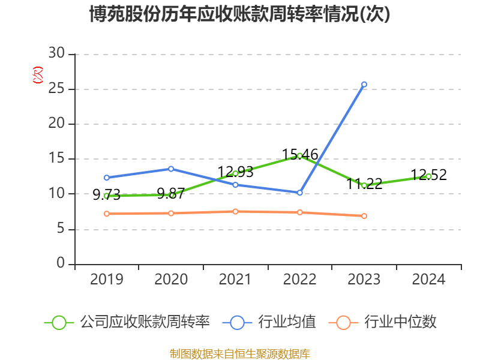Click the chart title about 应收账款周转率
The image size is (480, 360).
click(239, 14)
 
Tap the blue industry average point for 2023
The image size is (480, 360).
click(364, 85)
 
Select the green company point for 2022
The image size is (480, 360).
click(299, 155)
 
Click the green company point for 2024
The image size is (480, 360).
click(428, 176)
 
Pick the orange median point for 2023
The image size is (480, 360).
click(364, 216)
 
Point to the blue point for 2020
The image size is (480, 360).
click(171, 169)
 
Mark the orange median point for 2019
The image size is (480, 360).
click(106, 214)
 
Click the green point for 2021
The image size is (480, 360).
click(235, 173)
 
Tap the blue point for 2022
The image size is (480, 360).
click(299, 193)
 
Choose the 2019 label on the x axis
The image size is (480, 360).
click(106, 280)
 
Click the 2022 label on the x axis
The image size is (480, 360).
click(299, 280)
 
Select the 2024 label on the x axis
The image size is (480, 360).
click(428, 280)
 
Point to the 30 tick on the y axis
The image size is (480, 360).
click(56, 54)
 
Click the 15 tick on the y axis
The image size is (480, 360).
click(56, 159)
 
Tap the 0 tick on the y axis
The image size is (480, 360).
click(61, 264)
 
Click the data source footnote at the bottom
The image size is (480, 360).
click(239, 353)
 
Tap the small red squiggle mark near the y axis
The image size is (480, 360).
click(38, 76)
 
